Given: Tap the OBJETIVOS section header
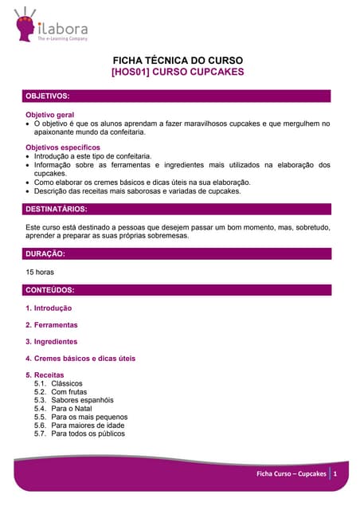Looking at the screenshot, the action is (49, 96).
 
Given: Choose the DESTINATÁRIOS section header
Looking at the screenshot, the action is (57, 210).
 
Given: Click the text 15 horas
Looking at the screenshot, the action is (40, 272).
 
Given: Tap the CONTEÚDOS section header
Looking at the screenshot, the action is (51, 290).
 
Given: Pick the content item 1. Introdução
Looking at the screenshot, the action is (49, 308).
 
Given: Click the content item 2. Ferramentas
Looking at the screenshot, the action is (52, 325).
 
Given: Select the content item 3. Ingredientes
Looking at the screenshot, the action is (52, 342).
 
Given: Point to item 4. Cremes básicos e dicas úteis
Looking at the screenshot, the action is (80, 359).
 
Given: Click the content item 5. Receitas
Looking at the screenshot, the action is (45, 375).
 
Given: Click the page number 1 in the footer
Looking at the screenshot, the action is (336, 474).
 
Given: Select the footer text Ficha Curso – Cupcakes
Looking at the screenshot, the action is (291, 474).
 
